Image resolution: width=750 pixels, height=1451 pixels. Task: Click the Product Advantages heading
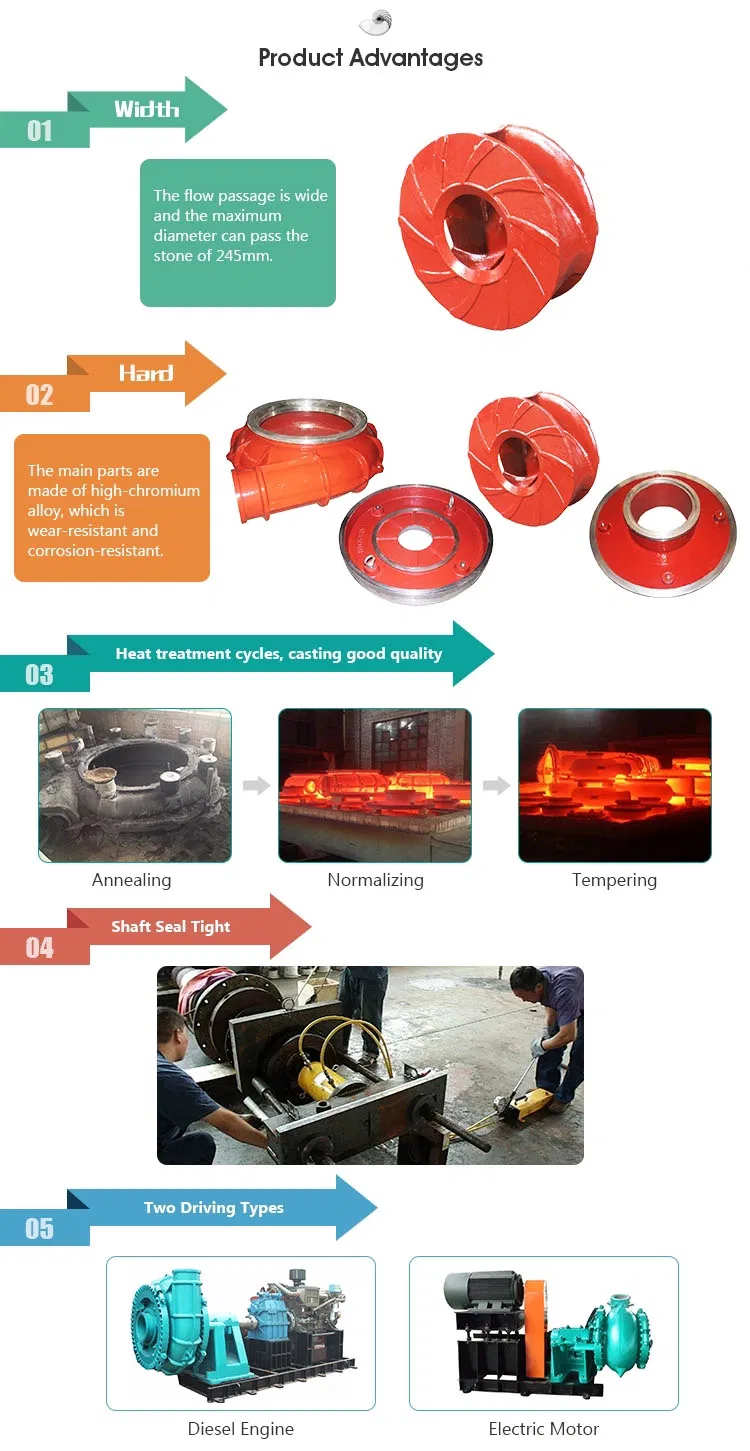pos(370,58)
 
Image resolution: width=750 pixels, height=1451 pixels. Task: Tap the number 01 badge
pos(40,131)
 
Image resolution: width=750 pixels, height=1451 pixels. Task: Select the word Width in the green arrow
pos(146,109)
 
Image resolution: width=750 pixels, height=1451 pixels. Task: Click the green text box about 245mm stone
pos(238,232)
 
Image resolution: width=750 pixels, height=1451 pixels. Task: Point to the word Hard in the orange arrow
pos(146,373)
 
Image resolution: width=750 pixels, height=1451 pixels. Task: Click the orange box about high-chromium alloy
pos(112,508)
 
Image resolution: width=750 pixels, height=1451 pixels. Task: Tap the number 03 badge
pos(40,675)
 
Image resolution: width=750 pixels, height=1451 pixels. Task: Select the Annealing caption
pos(131,880)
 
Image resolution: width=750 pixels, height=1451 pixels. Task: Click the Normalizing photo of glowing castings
pos(375,785)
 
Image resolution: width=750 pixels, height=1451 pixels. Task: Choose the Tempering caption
pos(614,880)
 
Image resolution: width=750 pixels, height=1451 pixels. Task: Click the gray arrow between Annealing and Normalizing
pos(256,786)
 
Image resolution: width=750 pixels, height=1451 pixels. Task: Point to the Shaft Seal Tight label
pos(171,927)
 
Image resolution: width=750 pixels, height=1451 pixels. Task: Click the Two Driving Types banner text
pos(214,1208)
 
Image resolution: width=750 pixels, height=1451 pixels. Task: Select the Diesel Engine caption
pos(241,1429)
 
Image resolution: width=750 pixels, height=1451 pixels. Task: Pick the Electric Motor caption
pos(544,1429)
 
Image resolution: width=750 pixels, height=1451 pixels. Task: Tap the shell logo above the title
pos(375,22)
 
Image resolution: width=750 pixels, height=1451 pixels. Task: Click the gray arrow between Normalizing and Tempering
pos(496,786)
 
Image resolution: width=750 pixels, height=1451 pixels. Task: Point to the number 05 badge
pos(40,1229)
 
